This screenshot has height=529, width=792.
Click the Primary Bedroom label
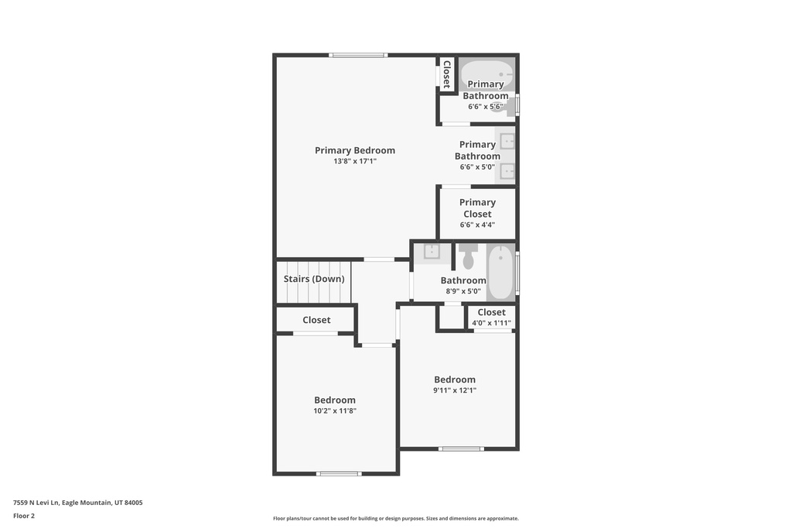coord(354,150)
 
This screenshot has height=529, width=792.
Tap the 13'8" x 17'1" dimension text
coord(354,161)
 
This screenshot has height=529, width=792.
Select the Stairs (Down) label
coord(314,279)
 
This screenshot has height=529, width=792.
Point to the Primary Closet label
coord(477,208)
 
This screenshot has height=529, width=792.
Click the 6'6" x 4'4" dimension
coord(477,225)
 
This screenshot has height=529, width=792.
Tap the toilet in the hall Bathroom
coord(468,256)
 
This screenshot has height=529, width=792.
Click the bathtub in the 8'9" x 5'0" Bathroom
coord(501,272)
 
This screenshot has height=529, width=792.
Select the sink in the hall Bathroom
coord(432,252)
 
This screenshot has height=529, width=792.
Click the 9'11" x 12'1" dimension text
coord(455,390)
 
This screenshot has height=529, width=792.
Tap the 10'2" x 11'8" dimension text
coord(335,410)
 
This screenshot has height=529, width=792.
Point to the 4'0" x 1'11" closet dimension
coord(491,323)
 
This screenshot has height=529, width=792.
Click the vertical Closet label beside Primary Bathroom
coord(446,74)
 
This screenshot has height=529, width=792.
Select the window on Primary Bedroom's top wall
coord(358,55)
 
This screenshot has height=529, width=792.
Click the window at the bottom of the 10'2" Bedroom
coord(339,474)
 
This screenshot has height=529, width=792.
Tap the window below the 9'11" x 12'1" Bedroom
coord(461,448)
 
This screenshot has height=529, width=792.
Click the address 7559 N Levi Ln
coord(36,503)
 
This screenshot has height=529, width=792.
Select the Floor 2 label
coord(24,516)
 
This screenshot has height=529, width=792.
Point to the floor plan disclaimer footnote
coord(396,518)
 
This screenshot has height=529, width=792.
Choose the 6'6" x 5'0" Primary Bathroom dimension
coord(477,167)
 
